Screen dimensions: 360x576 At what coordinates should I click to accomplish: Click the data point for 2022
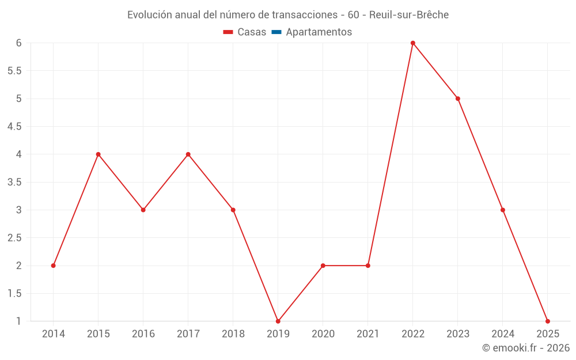413,43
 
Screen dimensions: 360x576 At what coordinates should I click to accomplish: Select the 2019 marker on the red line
278,321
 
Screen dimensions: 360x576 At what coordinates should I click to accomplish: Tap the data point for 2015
98,154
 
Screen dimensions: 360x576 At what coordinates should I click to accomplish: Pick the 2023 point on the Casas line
458,98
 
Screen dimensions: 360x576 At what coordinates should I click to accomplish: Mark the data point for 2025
548,321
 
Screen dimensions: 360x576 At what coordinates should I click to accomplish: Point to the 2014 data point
54,266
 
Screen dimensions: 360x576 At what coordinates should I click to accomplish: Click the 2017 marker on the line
188,154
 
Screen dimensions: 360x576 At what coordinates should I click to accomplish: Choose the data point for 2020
323,266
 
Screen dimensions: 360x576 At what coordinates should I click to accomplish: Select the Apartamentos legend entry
319,32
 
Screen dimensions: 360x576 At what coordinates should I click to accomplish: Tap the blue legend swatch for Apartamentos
276,32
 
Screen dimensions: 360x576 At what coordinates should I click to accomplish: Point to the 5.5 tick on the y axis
14,71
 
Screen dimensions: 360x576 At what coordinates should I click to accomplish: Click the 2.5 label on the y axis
14,238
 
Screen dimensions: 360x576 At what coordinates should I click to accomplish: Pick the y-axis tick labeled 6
18,43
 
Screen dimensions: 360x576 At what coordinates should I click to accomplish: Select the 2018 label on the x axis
233,334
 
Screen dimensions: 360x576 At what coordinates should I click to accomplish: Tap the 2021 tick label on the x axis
368,334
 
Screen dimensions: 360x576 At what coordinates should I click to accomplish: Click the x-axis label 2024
503,334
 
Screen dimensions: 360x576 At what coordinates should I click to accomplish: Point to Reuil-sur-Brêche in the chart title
408,14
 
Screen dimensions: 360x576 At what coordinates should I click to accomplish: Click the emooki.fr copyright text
526,348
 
